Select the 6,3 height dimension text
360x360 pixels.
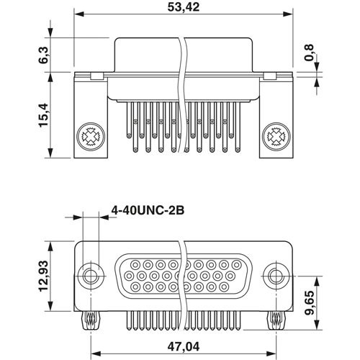point(44,55)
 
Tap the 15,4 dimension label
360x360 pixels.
point(44,115)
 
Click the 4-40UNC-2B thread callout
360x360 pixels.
point(148,211)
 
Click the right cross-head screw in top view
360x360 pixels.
point(274,135)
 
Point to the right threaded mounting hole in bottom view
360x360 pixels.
point(274,276)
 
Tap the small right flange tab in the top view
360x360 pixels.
point(271,76)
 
